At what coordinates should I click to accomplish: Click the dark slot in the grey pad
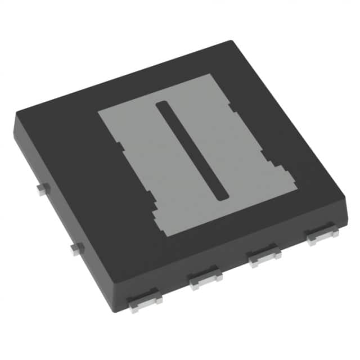[191, 149]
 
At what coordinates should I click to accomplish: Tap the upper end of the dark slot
[161, 105]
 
